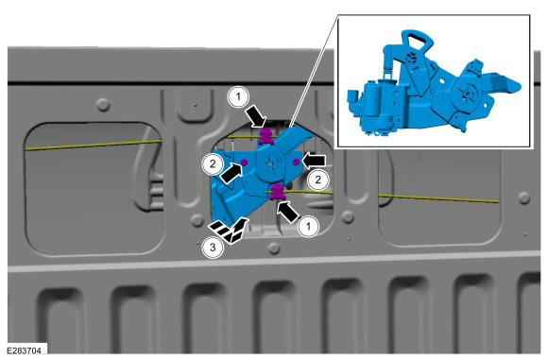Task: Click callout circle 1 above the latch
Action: pos(239,96)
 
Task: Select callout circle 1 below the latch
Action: pos(308,226)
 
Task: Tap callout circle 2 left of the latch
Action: pos(213,163)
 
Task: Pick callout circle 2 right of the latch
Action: pos(317,180)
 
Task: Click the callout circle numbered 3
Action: pos(213,248)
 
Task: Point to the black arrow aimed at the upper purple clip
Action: pos(257,117)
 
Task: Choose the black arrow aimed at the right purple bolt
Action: pos(314,161)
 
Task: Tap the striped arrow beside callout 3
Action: pos(230,230)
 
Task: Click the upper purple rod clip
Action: pos(266,136)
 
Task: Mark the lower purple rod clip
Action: pos(278,193)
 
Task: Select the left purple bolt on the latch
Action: pos(244,162)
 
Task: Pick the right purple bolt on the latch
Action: pos(296,162)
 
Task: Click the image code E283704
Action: pos(24,350)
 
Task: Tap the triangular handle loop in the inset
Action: pos(418,42)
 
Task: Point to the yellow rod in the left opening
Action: pos(94,145)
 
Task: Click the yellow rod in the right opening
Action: pos(439,198)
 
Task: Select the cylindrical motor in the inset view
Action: pos(377,101)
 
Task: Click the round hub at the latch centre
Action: pos(272,163)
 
